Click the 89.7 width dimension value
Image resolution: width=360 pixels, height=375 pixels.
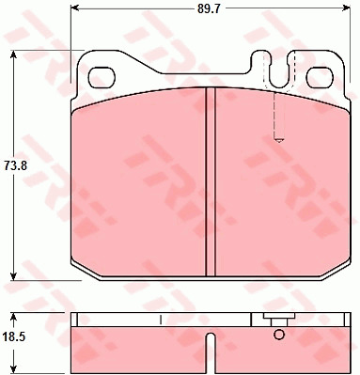pyautogui.click(x=209, y=8)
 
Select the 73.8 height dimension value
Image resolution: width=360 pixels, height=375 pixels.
pyautogui.click(x=16, y=165)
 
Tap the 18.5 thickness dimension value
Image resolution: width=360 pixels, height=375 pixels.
pyautogui.click(x=14, y=337)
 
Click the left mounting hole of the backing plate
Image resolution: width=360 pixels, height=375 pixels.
pyautogui.click(x=102, y=78)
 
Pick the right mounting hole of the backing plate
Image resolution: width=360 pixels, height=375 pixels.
pyautogui.click(x=320, y=78)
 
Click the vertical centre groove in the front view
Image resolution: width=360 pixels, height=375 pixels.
pyautogui.click(x=211, y=181)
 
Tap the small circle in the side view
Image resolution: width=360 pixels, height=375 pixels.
pyautogui.click(x=278, y=335)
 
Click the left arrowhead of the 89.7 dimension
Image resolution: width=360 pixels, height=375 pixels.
pyautogui.click(x=75, y=8)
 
